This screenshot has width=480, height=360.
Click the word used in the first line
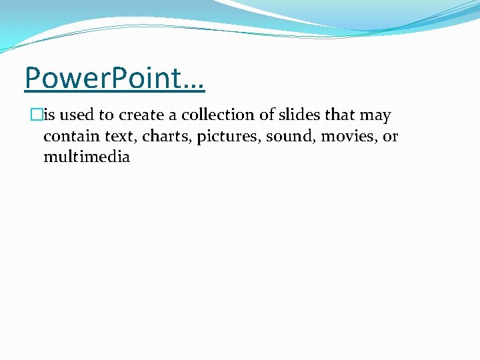tap(78, 115)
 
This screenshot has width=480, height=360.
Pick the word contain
tap(71, 137)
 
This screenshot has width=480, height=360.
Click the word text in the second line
tap(121, 137)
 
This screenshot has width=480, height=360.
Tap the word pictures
tap(228, 137)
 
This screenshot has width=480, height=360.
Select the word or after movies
tap(390, 137)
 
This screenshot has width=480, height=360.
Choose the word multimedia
tap(87, 158)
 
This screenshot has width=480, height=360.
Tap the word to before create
tap(107, 115)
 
